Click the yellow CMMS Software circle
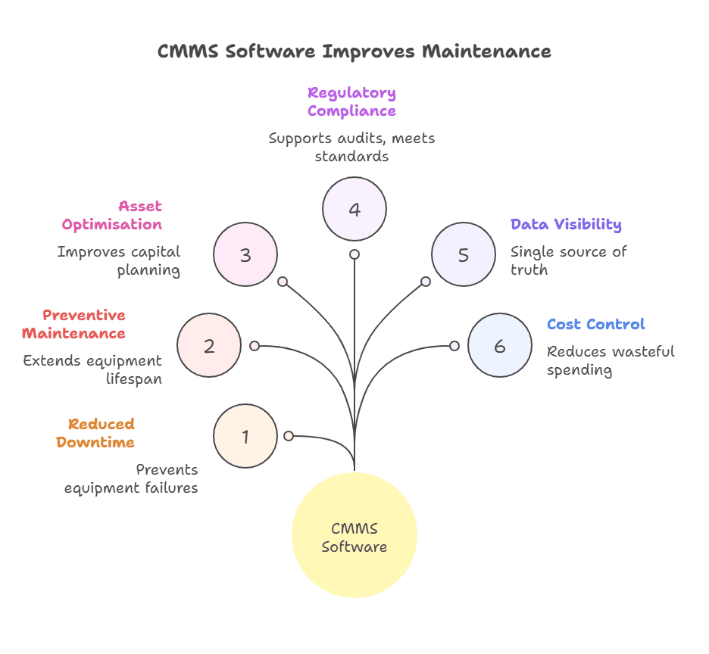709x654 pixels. point(354,535)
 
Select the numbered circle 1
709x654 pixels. point(245,436)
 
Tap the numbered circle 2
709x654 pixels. point(209,345)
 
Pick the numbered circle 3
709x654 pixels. point(245,254)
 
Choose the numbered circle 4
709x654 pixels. point(354,209)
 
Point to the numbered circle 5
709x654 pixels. point(464,254)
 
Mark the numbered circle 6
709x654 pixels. point(500,345)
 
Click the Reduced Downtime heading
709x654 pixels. point(96,433)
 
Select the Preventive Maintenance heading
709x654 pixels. point(74,324)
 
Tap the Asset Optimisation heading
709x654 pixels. point(112,215)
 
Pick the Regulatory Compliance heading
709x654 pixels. point(351,101)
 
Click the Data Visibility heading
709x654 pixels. point(566,224)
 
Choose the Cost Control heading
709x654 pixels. point(596,324)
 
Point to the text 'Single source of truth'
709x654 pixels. point(568,260)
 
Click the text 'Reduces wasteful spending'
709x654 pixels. point(611,360)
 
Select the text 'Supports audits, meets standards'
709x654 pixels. point(351,148)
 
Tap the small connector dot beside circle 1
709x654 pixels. point(289,436)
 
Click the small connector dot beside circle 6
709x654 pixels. point(454,346)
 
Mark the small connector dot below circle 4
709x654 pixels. point(354,254)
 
